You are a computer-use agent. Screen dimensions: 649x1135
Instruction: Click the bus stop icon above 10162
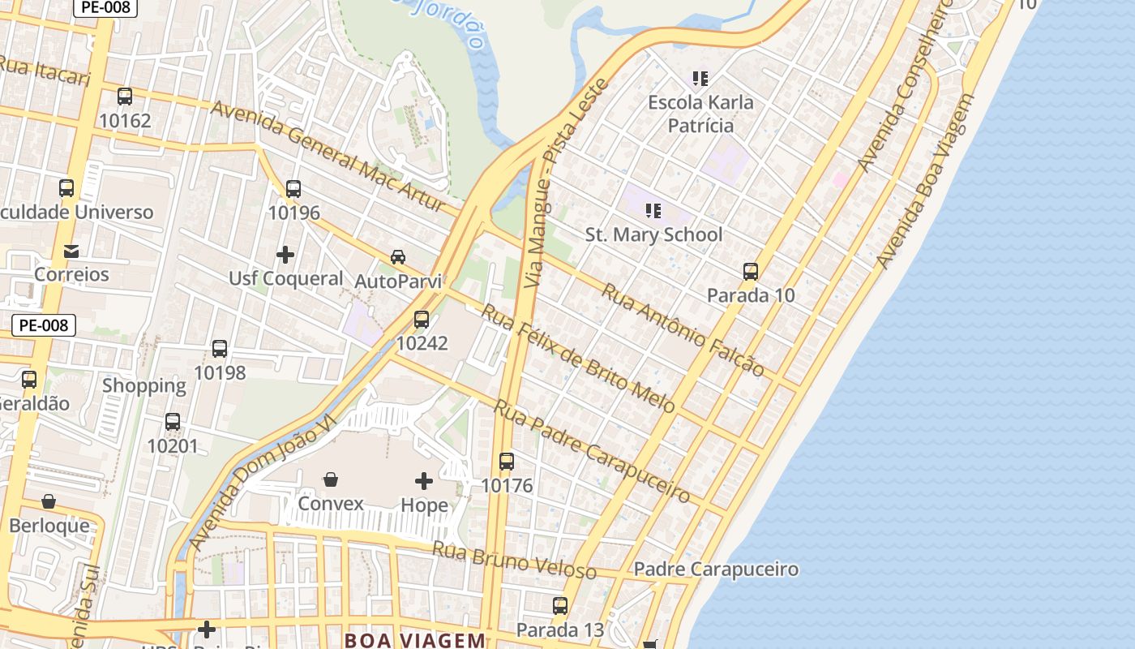(x=125, y=97)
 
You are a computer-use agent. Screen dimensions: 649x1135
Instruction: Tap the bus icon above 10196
(x=293, y=189)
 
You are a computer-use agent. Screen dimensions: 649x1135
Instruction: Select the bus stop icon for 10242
(x=422, y=320)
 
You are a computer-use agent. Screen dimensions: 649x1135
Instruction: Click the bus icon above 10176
(x=507, y=462)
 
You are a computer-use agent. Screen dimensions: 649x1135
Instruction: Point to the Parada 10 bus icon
(x=751, y=272)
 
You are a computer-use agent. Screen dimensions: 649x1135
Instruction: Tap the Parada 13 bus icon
(x=560, y=606)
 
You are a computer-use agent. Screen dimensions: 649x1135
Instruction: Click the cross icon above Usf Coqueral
(x=285, y=255)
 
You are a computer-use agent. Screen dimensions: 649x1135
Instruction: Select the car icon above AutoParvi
(x=398, y=257)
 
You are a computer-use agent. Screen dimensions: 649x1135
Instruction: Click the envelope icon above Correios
(x=71, y=251)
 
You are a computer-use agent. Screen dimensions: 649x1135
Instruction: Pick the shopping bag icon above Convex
(x=331, y=479)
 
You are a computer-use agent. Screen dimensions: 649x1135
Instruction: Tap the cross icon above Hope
(x=424, y=481)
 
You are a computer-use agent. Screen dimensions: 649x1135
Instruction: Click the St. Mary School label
(x=653, y=235)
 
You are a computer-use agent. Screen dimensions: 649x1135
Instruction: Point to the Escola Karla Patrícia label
(x=700, y=114)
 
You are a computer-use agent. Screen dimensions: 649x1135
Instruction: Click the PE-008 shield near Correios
(x=44, y=325)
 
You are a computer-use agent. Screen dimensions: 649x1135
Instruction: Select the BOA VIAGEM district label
(x=415, y=639)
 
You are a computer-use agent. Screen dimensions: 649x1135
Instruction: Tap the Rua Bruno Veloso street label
(x=515, y=560)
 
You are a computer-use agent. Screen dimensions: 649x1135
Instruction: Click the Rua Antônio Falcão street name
(x=682, y=329)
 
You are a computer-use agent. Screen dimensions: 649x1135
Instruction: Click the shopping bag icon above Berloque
(x=49, y=501)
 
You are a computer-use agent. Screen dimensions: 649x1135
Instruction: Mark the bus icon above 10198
(x=220, y=349)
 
